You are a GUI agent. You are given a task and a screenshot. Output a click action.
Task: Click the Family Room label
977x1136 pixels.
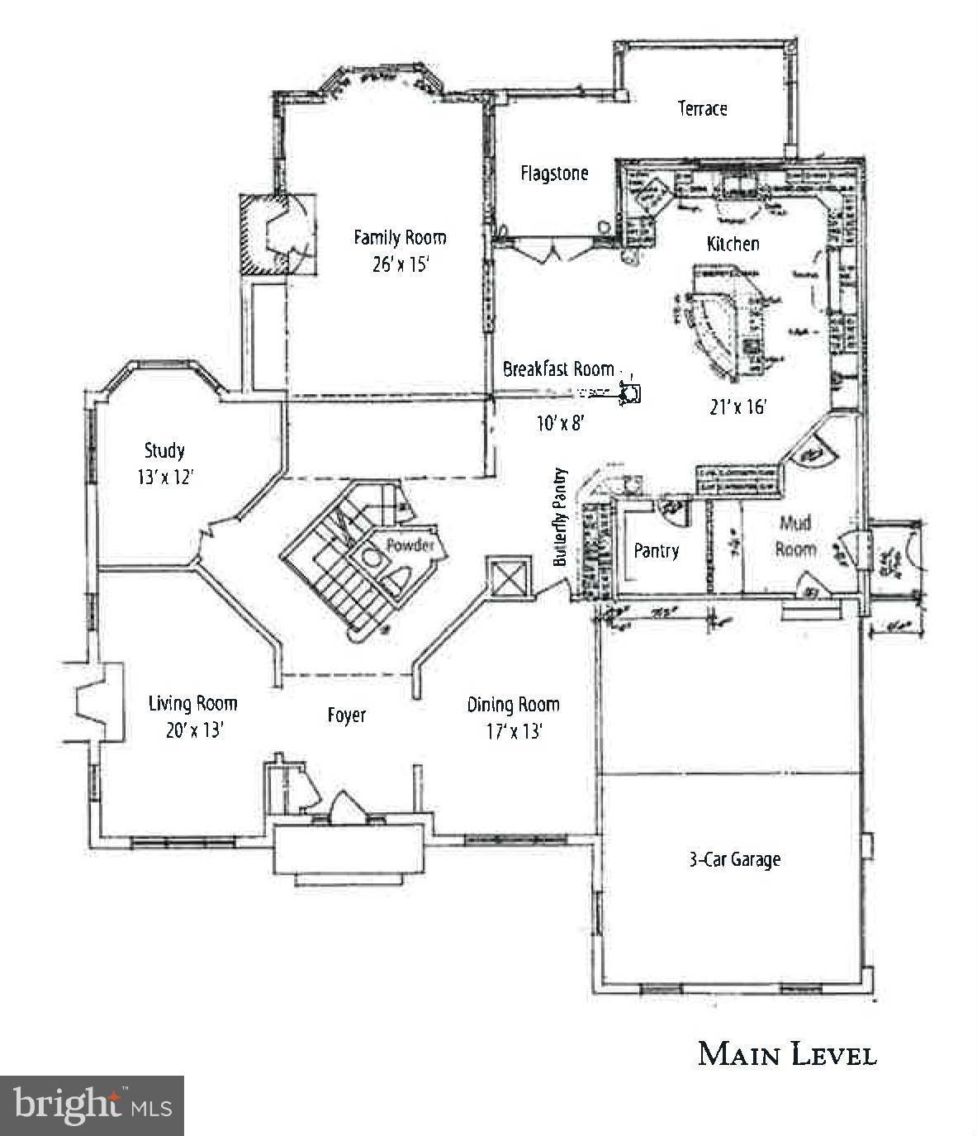(x=400, y=238)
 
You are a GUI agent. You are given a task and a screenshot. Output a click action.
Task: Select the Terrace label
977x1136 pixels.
(x=702, y=108)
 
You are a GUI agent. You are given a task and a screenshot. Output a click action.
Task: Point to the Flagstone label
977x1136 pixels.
(x=554, y=173)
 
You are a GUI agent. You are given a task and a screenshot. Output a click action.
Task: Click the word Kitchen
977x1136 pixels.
(x=733, y=244)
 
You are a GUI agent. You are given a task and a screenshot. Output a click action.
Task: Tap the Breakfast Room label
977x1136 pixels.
(x=558, y=369)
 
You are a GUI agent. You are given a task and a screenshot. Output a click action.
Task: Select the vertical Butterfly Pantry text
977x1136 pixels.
(x=561, y=516)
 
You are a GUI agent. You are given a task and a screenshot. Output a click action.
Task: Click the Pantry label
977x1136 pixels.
(x=656, y=550)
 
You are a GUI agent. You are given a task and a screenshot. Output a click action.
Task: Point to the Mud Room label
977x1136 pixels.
(x=795, y=535)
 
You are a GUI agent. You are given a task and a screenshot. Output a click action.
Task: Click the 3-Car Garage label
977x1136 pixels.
(x=734, y=859)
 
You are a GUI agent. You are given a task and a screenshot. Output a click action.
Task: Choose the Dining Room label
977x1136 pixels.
(x=513, y=705)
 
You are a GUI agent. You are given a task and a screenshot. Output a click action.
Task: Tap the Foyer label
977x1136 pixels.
(x=346, y=715)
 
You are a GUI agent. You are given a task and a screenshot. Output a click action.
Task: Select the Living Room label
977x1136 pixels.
(x=192, y=704)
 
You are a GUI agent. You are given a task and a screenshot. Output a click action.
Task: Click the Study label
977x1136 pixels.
(x=164, y=450)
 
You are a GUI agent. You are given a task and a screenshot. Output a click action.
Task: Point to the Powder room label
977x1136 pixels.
(x=410, y=545)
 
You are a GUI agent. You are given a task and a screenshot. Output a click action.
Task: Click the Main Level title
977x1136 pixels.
(x=786, y=1054)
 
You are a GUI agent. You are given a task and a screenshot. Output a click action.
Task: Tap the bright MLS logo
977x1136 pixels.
(x=92, y=1105)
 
